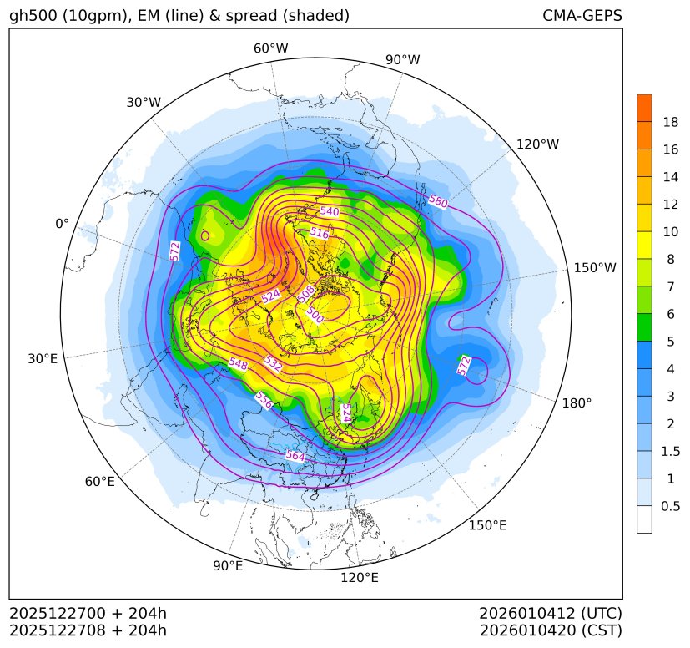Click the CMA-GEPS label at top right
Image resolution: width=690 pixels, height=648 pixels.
point(582,16)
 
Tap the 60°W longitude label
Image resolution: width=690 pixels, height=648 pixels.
point(270,48)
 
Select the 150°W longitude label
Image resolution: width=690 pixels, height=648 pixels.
point(595,268)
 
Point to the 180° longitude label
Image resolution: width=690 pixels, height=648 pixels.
point(577,403)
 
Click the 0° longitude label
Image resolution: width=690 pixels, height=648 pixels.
point(62,224)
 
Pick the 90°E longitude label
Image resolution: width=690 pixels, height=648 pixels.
point(228,566)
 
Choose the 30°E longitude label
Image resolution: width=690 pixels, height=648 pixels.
point(43,359)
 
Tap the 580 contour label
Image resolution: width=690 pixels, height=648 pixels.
point(438,201)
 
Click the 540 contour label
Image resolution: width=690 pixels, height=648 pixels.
point(330,211)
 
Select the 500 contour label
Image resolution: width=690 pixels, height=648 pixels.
point(315,315)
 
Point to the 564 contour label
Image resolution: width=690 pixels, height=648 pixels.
point(295,456)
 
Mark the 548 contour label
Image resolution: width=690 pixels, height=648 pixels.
point(238,364)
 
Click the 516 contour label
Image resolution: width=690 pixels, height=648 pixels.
point(320,234)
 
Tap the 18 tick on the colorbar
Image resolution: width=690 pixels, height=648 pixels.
point(670,123)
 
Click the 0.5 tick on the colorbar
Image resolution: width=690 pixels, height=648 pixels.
point(671,506)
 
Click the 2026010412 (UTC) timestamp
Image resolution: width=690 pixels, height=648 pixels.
point(550,614)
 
